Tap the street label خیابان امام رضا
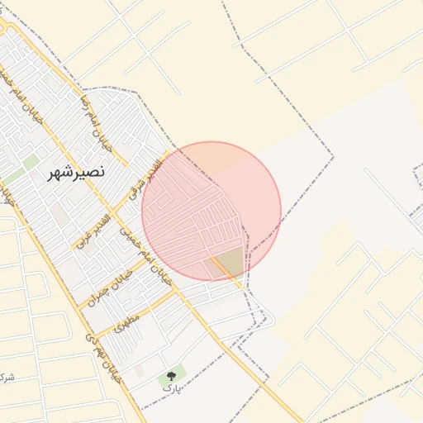coord(92,118)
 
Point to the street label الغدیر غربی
coord(93,231)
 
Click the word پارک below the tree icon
coord(170,387)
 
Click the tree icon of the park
coord(171,376)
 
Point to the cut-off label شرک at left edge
coord(7,378)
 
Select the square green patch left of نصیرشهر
coord(31,161)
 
